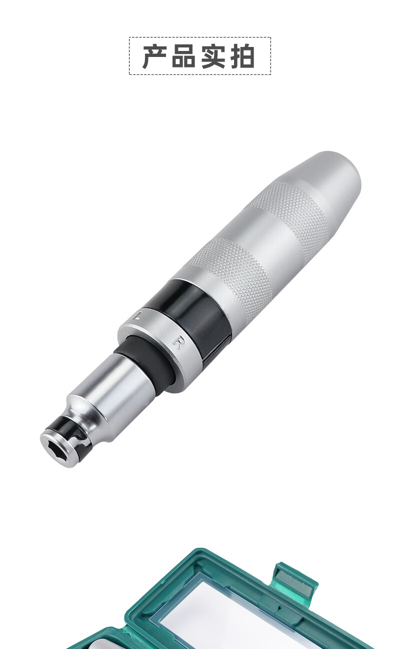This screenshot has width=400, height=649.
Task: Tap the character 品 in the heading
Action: [x=184, y=56]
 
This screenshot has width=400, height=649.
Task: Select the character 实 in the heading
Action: [x=213, y=56]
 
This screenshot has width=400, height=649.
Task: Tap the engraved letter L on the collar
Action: [x=137, y=314]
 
